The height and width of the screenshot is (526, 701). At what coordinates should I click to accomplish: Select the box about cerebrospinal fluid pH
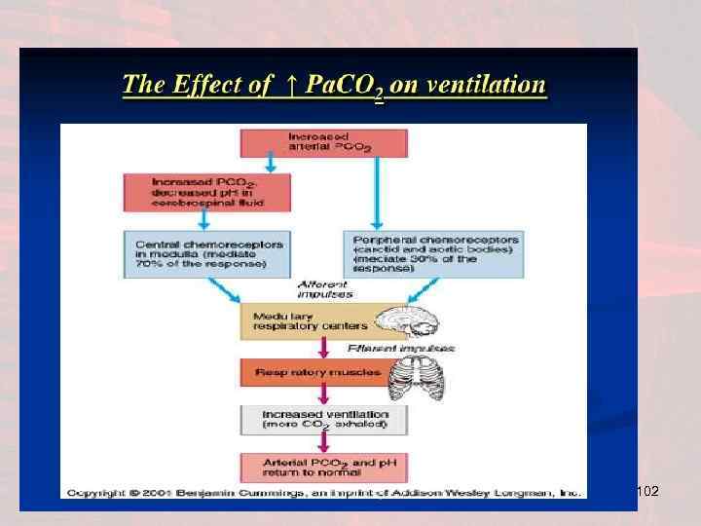(x=206, y=192)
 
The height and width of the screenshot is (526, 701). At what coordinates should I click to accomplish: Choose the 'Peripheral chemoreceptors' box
(x=432, y=251)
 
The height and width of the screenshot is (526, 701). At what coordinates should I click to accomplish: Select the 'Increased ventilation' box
(x=324, y=420)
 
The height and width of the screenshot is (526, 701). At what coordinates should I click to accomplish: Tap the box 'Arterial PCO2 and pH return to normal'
(x=324, y=467)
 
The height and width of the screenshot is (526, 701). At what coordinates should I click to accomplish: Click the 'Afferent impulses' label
(x=324, y=287)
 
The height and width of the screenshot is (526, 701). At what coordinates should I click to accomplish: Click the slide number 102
(x=647, y=493)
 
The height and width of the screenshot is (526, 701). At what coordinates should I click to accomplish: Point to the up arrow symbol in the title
(x=291, y=85)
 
